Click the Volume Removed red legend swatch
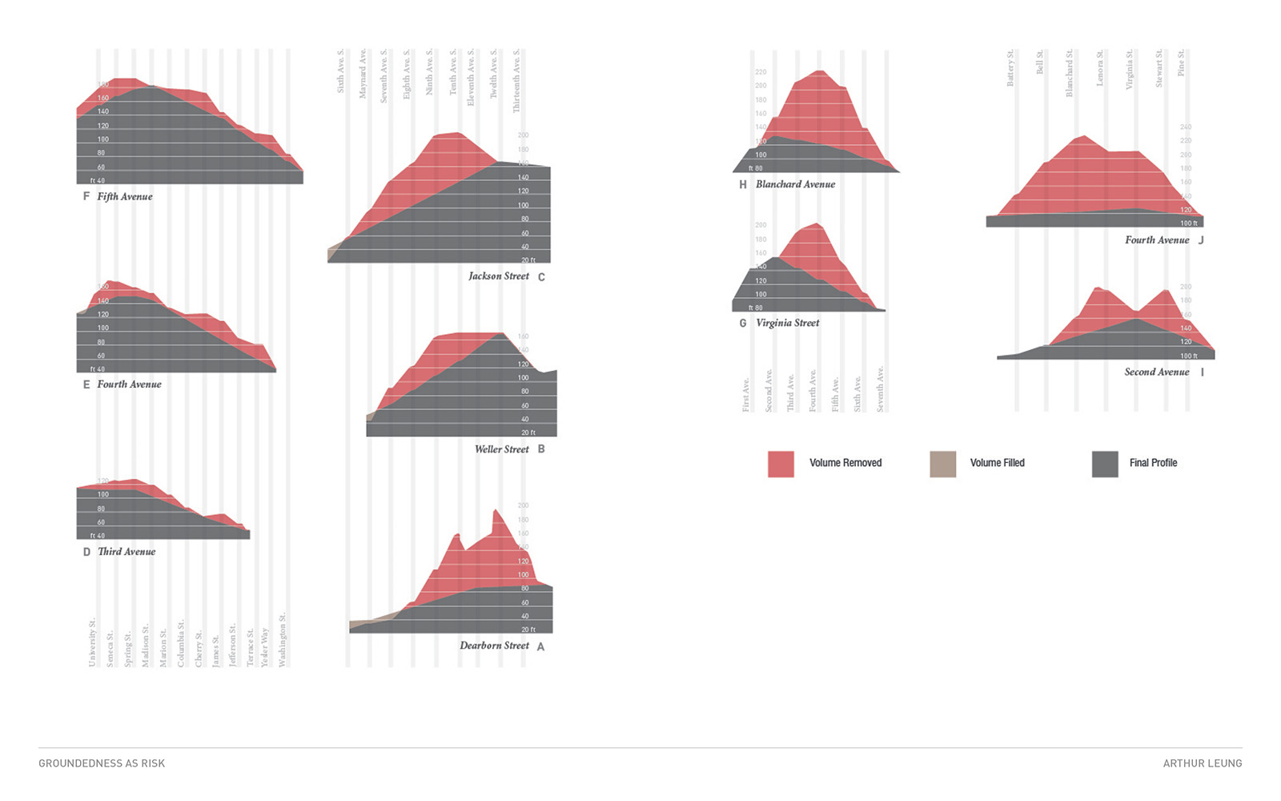click(781, 464)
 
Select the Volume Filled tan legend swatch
click(942, 464)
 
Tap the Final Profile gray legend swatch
click(1105, 464)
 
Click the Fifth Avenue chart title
click(125, 196)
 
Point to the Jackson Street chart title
click(499, 276)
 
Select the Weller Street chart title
click(502, 449)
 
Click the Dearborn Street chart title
click(494, 646)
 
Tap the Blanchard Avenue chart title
click(795, 184)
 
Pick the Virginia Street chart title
click(788, 323)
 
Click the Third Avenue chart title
click(126, 552)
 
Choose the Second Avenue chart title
click(1157, 372)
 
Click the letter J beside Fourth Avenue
click(1201, 240)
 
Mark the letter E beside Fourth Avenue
click(86, 384)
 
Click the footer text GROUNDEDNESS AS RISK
click(102, 763)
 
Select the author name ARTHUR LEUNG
click(1202, 763)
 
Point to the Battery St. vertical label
click(1010, 68)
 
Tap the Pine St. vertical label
click(1181, 63)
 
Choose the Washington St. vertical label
click(282, 640)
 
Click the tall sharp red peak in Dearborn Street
click(496, 513)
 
